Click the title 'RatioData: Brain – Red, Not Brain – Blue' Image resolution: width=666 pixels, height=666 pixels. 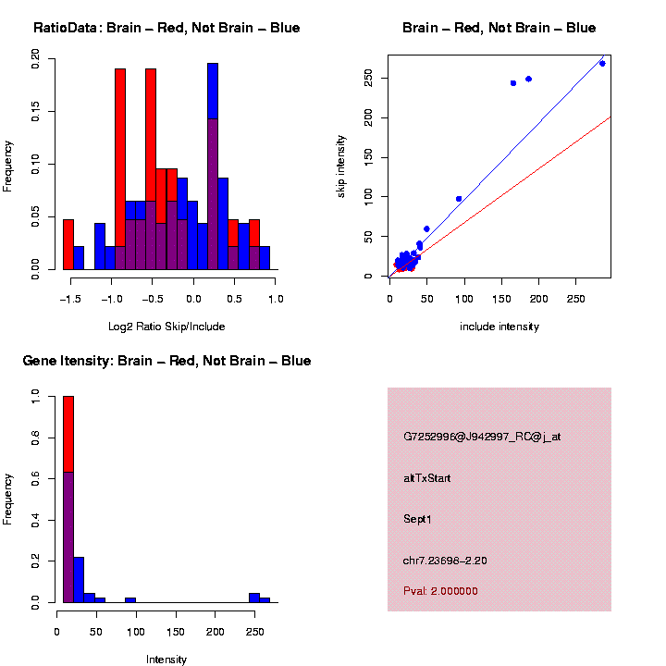(x=166, y=28)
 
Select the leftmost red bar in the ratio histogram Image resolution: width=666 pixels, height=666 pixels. (x=68, y=244)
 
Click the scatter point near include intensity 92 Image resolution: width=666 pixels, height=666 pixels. (x=459, y=199)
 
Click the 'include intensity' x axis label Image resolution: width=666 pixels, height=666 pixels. (x=499, y=326)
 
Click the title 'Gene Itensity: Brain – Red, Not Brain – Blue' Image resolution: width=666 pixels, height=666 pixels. (x=166, y=361)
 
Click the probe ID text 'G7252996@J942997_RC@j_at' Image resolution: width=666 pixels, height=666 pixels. (x=482, y=437)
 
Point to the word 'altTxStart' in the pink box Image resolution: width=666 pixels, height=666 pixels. (x=426, y=478)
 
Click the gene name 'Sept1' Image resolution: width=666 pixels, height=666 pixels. (x=417, y=519)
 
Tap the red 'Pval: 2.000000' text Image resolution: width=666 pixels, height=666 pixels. (x=440, y=590)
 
